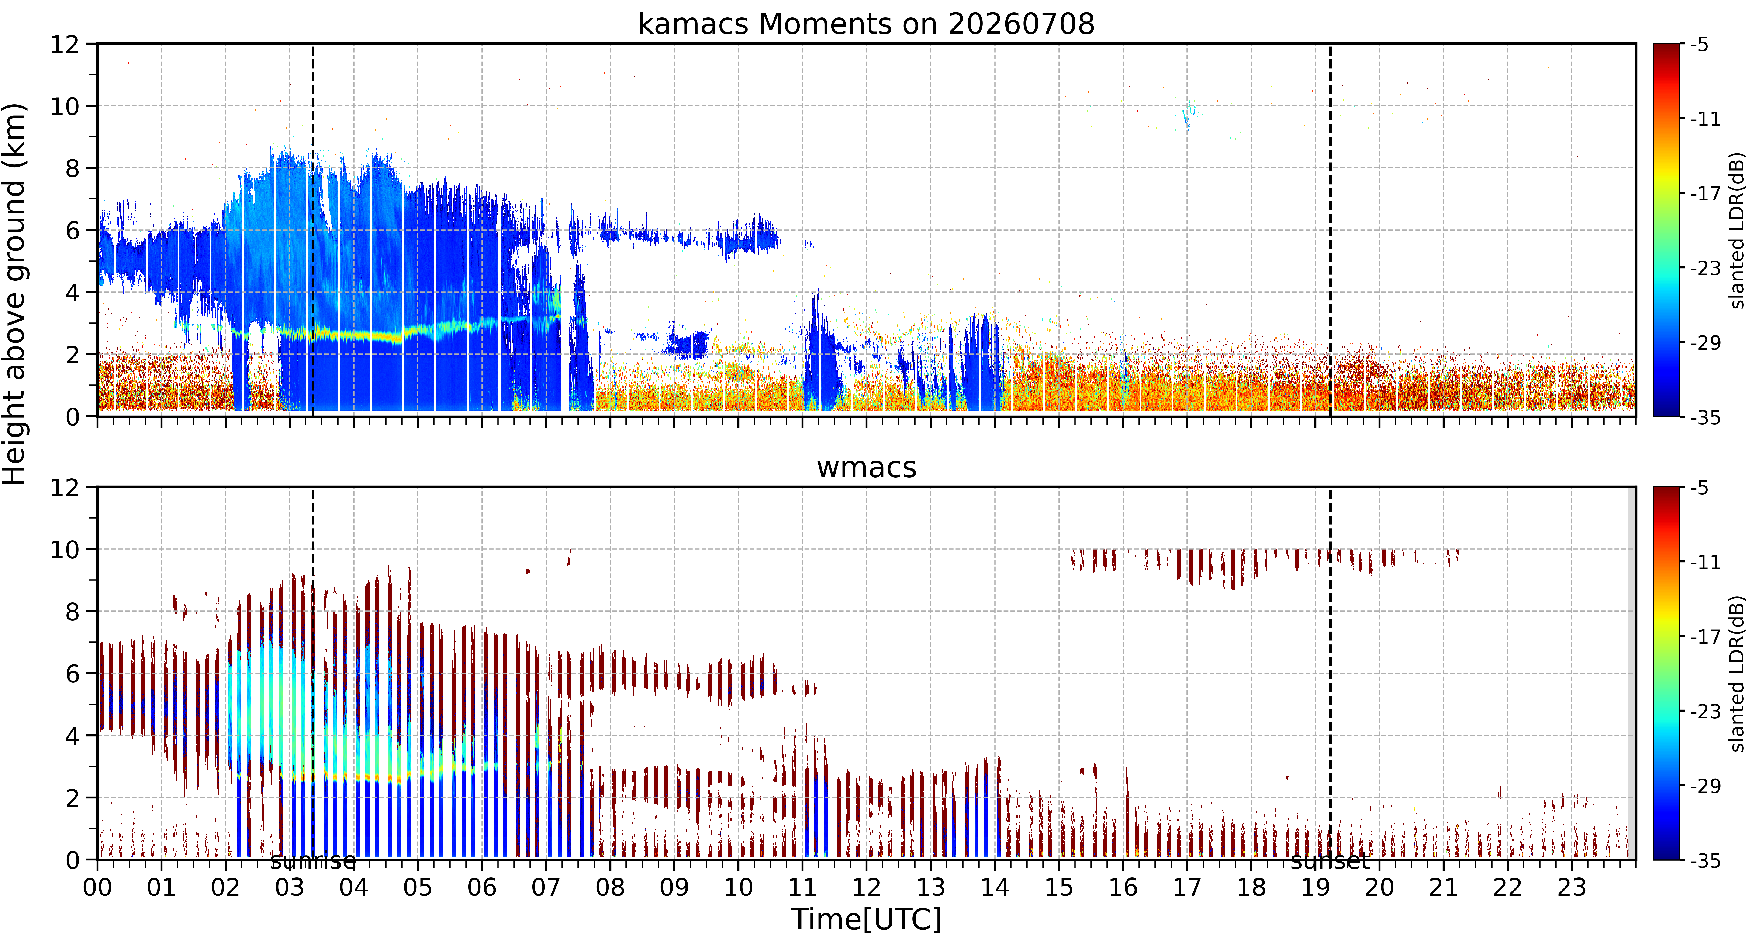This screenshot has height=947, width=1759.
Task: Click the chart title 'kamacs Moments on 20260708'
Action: click(x=866, y=24)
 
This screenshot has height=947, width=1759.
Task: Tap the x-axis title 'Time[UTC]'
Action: click(x=866, y=920)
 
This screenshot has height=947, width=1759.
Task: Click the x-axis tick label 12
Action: click(x=867, y=888)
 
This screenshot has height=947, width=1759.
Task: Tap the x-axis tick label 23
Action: click(x=1571, y=888)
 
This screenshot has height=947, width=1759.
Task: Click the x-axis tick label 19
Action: click(x=1315, y=888)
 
